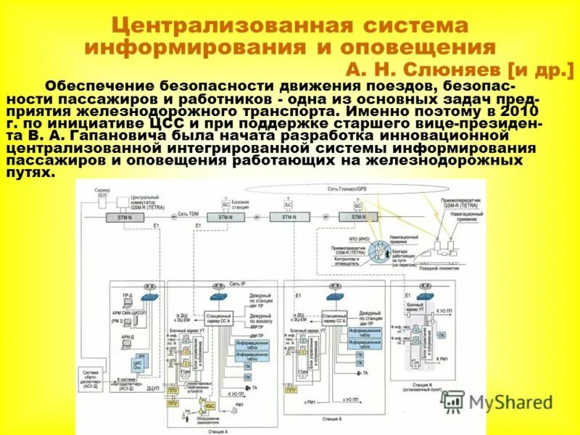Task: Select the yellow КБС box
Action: tap(210, 405)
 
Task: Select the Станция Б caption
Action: tap(331, 418)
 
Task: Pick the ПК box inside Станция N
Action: tap(442, 336)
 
